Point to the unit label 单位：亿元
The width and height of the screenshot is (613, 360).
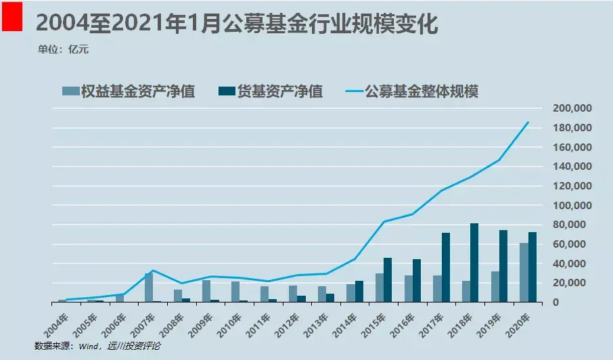pyautogui.click(x=64, y=49)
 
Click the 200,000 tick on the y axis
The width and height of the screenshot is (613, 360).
pyautogui.click(x=573, y=108)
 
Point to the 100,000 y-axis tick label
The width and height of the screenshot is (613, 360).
pyautogui.click(x=573, y=205)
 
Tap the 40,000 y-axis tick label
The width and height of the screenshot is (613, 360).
pyautogui.click(x=576, y=263)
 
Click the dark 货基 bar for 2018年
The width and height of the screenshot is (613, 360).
pyautogui.click(x=474, y=263)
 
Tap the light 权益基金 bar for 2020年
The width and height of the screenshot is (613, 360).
pyautogui.click(x=524, y=273)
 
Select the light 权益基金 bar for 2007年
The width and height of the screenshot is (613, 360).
pyautogui.click(x=149, y=288)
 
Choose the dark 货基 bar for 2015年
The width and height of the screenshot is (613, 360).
pyautogui.click(x=388, y=279)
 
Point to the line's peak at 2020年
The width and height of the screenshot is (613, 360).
pyautogui.click(x=528, y=122)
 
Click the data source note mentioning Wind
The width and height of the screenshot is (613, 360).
pyautogui.click(x=97, y=346)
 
